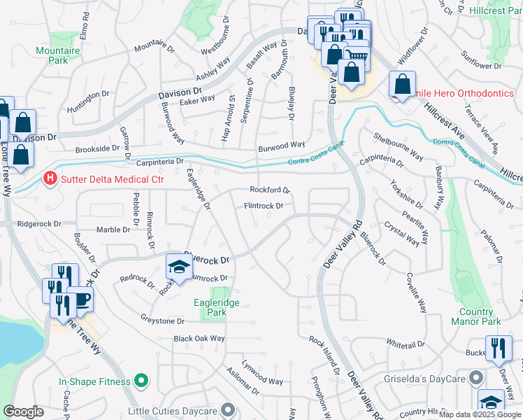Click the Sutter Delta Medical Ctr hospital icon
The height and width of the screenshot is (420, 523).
[50, 179]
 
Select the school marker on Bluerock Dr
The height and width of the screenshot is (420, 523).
[179, 267]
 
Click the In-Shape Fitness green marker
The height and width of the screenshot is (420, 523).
[141, 381]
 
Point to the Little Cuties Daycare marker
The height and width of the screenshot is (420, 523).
[228, 409]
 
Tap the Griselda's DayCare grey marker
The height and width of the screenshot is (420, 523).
[477, 378]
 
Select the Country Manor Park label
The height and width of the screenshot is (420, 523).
[480, 316]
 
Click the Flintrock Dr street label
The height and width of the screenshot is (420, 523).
[263, 206]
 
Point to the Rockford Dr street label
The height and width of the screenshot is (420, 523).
[270, 190]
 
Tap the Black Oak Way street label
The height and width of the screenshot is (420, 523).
[199, 339]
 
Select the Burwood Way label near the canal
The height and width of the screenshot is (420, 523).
[282, 144]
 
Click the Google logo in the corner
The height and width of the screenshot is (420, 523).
[23, 412]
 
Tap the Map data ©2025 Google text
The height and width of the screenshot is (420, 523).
[480, 414]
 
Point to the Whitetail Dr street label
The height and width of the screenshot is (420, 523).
[406, 344]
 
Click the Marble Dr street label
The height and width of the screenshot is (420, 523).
[113, 230]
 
